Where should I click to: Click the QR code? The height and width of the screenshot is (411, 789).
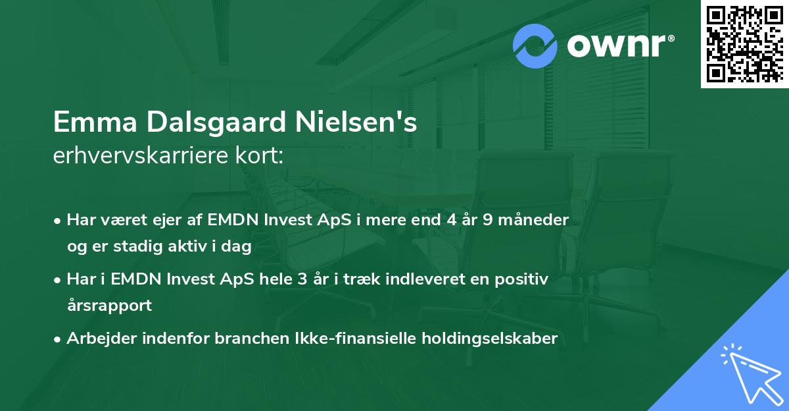pyautogui.click(x=744, y=44)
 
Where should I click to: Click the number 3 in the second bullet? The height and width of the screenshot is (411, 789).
pyautogui.click(x=302, y=279)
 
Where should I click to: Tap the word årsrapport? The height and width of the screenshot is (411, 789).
pyautogui.click(x=109, y=306)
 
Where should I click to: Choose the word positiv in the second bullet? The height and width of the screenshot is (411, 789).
pyautogui.click(x=525, y=279)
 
